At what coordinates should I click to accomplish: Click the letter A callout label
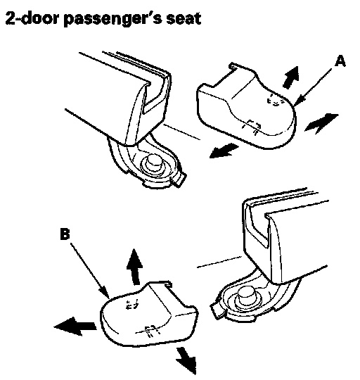coord(340,61)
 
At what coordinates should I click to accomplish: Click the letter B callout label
coord(65,234)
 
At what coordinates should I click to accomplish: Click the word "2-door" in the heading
coord(32,19)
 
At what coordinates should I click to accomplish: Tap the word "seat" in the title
coord(184,19)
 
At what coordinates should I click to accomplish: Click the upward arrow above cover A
coord(292,77)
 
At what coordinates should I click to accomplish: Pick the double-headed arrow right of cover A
coord(321,123)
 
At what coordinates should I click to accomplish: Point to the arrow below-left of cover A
coord(223,151)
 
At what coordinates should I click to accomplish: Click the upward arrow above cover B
coord(134,267)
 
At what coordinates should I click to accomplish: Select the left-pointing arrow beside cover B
coord(75,327)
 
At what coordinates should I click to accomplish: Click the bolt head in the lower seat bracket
coord(247,294)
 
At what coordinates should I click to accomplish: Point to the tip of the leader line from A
coord(295,106)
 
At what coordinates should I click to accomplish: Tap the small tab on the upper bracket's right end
coord(181,179)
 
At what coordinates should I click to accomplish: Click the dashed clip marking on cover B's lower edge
coord(151,331)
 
